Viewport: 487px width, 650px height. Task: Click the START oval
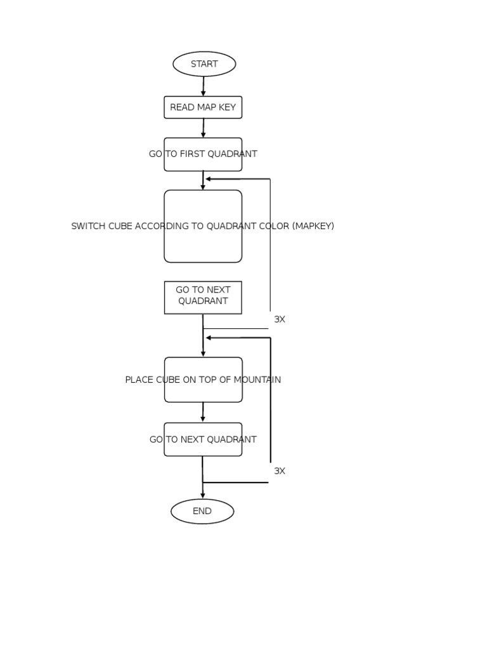(x=204, y=64)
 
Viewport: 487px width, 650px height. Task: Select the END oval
(x=202, y=511)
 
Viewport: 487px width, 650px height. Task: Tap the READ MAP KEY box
(x=203, y=107)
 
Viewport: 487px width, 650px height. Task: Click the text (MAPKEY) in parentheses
(x=313, y=226)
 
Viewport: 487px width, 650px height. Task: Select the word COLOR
(x=272, y=226)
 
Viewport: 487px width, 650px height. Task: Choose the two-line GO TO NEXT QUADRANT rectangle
(x=203, y=297)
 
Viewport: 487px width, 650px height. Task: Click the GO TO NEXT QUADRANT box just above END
(x=203, y=439)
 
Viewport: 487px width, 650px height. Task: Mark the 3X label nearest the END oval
(x=280, y=471)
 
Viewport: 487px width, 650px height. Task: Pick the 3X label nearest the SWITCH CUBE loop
(x=280, y=319)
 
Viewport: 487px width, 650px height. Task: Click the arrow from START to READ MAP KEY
(x=204, y=86)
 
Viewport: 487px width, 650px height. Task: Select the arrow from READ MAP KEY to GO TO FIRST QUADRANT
(x=204, y=128)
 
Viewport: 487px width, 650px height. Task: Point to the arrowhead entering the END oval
(x=203, y=495)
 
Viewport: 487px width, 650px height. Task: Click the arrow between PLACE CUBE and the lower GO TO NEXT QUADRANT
(x=203, y=413)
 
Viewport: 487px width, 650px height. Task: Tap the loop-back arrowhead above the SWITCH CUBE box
(x=209, y=179)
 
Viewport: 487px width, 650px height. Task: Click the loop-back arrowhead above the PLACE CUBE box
(x=209, y=338)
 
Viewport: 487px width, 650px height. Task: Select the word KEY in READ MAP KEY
(x=226, y=107)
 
